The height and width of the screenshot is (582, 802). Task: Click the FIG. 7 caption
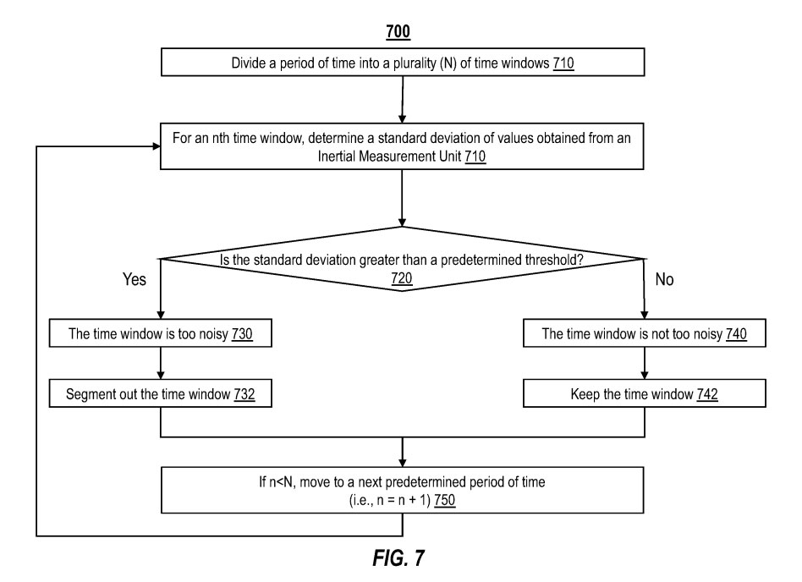pos(402,559)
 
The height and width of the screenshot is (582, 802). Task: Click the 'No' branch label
pos(664,279)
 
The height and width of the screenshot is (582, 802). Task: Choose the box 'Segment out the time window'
pos(159,395)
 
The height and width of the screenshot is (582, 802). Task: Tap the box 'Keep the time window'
pos(645,395)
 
